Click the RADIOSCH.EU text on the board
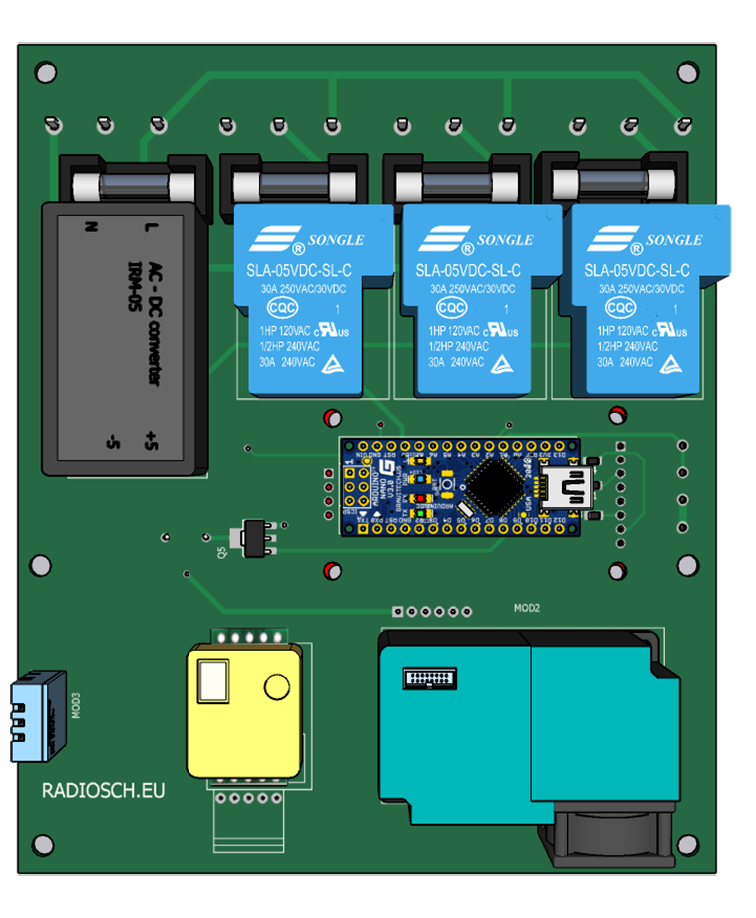click(x=103, y=790)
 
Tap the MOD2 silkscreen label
click(x=526, y=607)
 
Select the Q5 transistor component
click(x=252, y=536)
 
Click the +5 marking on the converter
click(x=151, y=439)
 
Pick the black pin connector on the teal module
click(x=430, y=678)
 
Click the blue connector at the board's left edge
click(x=38, y=717)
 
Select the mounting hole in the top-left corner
click(x=44, y=72)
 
